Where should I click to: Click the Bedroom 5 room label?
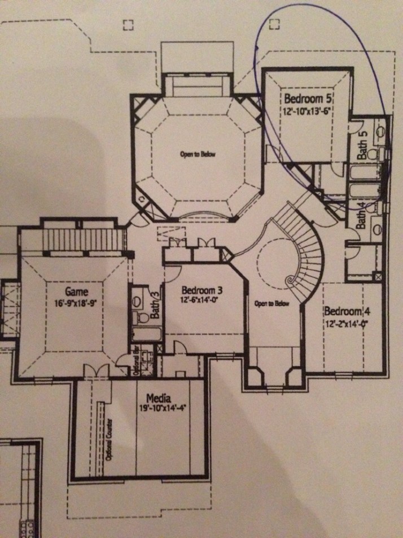click(x=308, y=99)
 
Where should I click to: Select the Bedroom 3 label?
click(x=202, y=290)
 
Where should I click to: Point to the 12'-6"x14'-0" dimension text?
click(x=200, y=300)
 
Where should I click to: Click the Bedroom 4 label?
click(x=347, y=311)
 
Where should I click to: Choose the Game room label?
click(x=76, y=292)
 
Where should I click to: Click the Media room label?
click(x=159, y=398)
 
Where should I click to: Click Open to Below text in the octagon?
click(x=198, y=154)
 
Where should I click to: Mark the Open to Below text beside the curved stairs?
click(x=271, y=303)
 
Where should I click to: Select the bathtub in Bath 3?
click(x=147, y=334)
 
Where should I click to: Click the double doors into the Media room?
click(x=97, y=371)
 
